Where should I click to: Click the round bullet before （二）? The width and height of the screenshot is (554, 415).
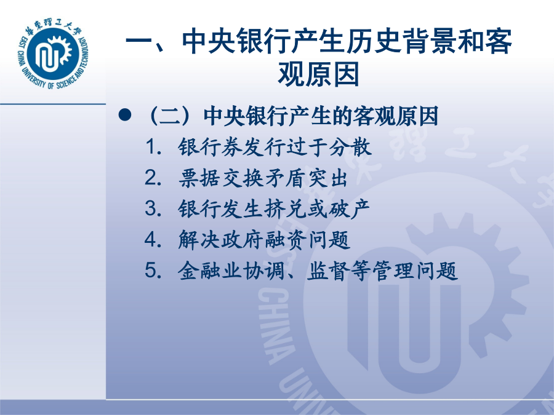tap(125, 115)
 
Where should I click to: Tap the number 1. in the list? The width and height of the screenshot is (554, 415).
tap(153, 146)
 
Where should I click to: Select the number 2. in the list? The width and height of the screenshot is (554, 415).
tap(153, 178)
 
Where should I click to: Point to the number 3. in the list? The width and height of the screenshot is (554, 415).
tap(153, 208)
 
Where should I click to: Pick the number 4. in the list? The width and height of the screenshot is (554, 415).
tap(153, 240)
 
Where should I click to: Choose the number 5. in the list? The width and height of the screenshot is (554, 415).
tap(153, 271)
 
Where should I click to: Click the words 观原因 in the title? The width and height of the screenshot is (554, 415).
tap(318, 74)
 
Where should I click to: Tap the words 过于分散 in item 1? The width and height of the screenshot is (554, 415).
tap(329, 147)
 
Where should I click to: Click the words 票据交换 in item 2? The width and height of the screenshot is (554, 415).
tap(221, 178)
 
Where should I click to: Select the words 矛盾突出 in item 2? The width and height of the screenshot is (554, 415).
tap(306, 178)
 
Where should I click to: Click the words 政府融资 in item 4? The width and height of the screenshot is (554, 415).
tap(264, 240)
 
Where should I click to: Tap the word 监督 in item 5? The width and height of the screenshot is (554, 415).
tap(327, 271)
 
